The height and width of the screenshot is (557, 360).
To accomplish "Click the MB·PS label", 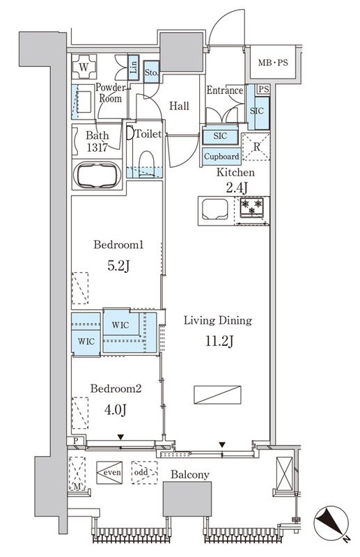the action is point(273,63).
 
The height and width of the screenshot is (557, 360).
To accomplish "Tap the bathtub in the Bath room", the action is point(97,175).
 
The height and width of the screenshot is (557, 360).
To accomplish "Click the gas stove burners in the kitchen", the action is point(251,207).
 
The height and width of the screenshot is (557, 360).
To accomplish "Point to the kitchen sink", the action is point(215,210).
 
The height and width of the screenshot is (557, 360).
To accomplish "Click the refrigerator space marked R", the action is point(256,146).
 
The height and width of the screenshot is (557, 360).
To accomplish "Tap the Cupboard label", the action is point(221,156).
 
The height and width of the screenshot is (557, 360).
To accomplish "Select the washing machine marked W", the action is point(84,66).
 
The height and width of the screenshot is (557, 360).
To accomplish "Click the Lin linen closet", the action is point(133,67).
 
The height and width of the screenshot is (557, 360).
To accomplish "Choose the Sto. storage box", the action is point(151,72).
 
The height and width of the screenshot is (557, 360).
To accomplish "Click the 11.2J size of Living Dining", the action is point(219,341).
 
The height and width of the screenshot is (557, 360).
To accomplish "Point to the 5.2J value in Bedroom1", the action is point(118,265).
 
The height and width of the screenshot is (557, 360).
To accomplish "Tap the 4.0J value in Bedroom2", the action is point(116,409).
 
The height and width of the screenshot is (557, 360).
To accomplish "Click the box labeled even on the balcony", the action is point(109,473).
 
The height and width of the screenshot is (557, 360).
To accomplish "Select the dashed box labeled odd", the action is point(144,473).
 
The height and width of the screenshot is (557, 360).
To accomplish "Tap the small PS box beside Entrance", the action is point(263,89).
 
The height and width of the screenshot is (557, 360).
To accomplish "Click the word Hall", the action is point(179,106).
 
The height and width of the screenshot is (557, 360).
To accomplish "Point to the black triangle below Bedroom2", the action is point(121,437).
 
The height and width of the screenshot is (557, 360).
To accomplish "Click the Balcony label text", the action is point(190,475).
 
